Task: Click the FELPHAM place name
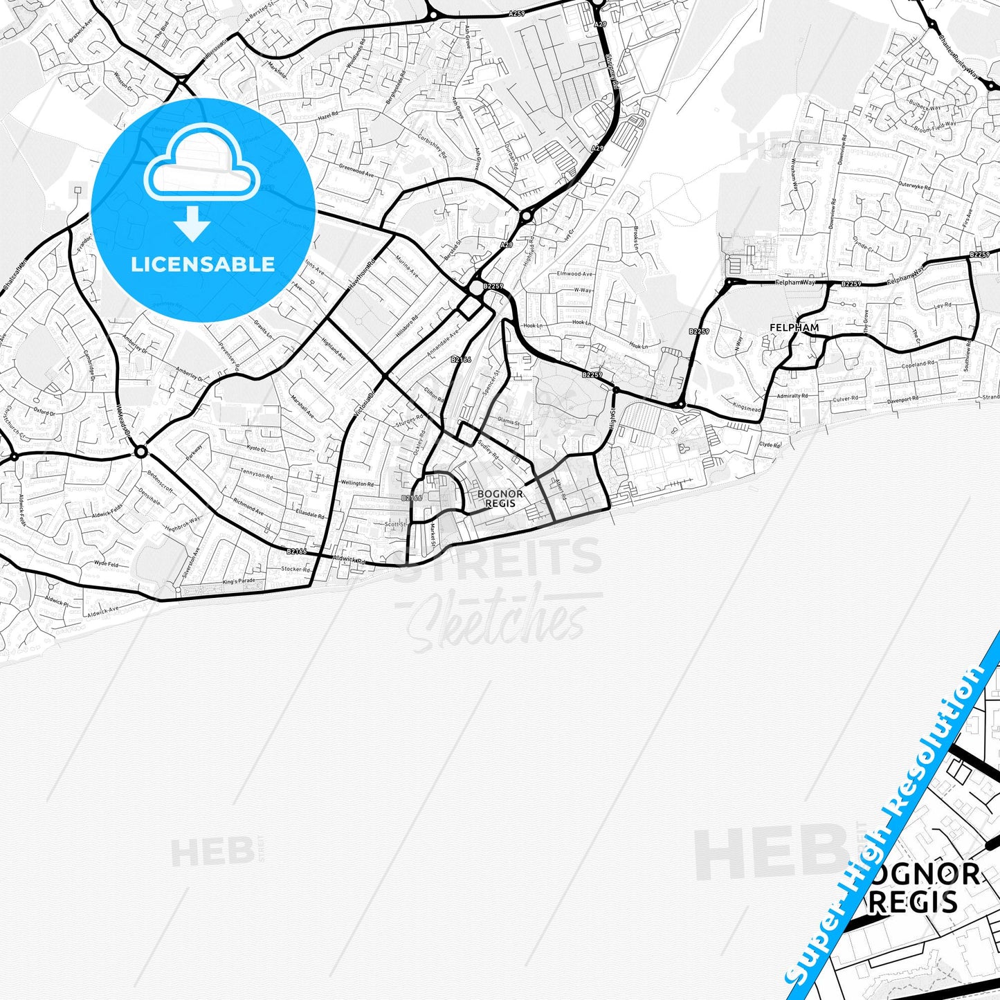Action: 794,327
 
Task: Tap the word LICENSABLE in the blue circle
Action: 203,264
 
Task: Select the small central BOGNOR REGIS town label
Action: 500,498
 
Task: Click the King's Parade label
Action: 239,581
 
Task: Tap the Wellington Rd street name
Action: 357,484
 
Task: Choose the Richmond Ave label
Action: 248,507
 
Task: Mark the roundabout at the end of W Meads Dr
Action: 141,452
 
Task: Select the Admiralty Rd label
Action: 792,396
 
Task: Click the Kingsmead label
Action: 746,409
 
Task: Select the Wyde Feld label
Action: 106,565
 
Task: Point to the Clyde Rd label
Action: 770,444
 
